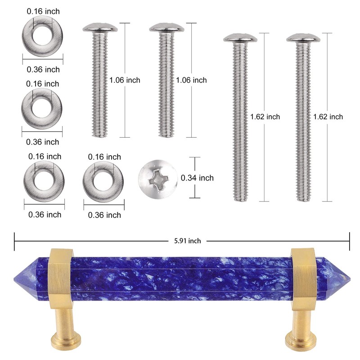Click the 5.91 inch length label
point(188,241)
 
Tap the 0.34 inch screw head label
point(197,178)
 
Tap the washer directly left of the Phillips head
point(103,181)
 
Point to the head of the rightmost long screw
point(303,37)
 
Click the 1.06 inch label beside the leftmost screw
point(125,80)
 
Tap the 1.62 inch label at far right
point(328,117)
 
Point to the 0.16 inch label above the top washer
point(43,11)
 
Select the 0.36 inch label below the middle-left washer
point(42,142)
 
